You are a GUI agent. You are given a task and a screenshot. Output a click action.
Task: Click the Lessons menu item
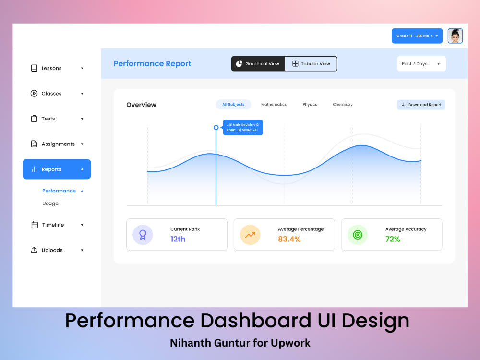click(51, 68)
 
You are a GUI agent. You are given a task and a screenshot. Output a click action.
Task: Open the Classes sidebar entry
click(51, 94)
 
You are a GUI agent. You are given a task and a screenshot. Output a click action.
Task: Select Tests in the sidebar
click(48, 119)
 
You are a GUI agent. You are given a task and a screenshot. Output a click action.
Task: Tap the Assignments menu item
click(58, 144)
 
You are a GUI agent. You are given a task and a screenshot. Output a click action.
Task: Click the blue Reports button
click(57, 169)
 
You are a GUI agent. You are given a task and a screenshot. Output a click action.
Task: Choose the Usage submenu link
click(50, 204)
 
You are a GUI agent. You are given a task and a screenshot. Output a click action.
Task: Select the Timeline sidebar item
click(53, 225)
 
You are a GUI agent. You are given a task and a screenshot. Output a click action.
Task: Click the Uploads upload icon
click(34, 250)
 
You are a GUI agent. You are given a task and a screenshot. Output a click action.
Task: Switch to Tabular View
click(311, 64)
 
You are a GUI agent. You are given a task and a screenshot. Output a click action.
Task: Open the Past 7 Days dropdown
click(421, 64)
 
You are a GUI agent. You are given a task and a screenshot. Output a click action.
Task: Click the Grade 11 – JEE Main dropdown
click(417, 36)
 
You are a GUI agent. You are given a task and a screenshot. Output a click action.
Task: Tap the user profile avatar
click(455, 36)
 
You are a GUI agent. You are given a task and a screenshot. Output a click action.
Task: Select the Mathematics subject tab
click(274, 104)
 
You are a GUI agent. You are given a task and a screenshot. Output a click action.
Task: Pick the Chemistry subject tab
click(343, 104)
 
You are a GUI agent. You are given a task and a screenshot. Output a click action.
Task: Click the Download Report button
click(421, 105)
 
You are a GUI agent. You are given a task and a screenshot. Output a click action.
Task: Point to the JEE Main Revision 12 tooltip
click(243, 127)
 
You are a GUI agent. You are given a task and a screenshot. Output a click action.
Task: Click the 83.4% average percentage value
click(289, 239)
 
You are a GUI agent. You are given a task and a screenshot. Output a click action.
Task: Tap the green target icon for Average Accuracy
click(357, 235)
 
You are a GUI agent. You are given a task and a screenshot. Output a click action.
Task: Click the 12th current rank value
click(178, 239)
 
